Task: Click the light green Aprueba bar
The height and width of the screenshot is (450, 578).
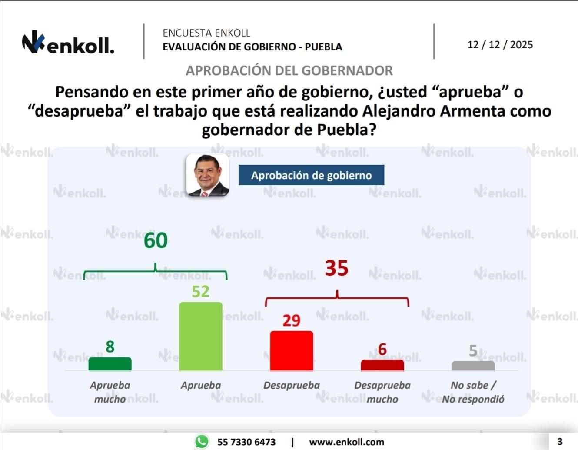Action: [201, 337]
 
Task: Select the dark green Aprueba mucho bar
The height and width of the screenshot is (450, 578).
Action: [110, 364]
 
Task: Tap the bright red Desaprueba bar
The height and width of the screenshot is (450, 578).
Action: [292, 351]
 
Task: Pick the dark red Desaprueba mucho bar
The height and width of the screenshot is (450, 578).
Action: [382, 365]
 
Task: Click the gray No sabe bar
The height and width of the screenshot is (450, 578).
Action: [473, 366]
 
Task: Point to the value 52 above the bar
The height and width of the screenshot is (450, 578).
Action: [201, 292]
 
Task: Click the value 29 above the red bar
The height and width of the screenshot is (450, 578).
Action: [292, 321]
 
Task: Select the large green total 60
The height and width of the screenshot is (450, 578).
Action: [156, 241]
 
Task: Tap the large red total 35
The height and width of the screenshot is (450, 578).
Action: [337, 268]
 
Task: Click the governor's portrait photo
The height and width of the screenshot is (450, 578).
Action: [208, 175]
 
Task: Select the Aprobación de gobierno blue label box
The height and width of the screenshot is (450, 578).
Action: [311, 175]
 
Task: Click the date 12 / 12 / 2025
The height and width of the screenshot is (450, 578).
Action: [500, 45]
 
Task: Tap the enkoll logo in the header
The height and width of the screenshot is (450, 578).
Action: [68, 43]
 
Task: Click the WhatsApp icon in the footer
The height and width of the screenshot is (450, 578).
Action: [201, 442]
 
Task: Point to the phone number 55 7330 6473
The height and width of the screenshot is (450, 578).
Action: [246, 442]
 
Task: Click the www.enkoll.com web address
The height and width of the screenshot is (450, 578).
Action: [346, 442]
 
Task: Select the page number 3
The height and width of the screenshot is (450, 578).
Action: [560, 442]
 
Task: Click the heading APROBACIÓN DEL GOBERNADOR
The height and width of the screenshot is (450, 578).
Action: [289, 70]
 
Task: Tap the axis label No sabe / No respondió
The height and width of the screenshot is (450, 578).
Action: [473, 392]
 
